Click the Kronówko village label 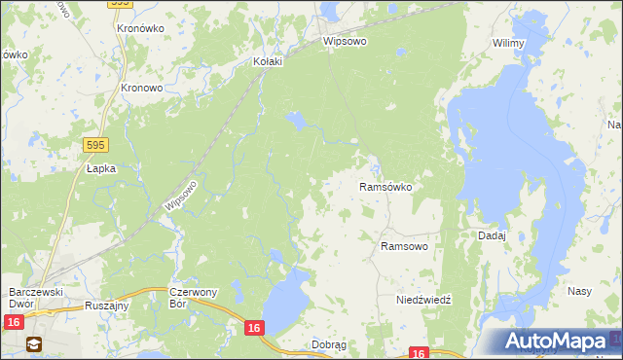click(138, 29)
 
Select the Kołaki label click(267, 61)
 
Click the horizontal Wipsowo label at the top click(344, 42)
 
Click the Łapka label click(99, 168)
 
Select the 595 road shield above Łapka click(94, 144)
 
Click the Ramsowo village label click(404, 247)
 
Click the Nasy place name click(580, 291)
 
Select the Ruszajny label click(108, 304)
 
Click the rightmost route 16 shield click(419, 354)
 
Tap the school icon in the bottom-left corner click(33, 343)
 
